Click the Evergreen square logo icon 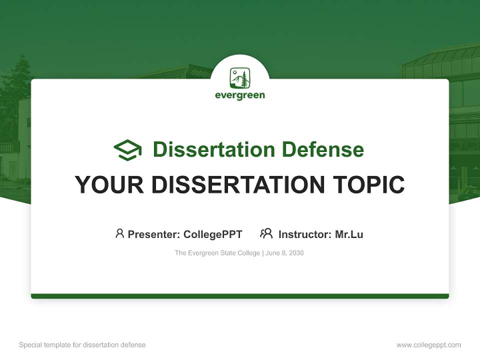(240, 78)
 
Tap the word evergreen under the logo (240, 95)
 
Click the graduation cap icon (127, 150)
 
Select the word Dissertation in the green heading (213, 149)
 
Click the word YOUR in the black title (109, 185)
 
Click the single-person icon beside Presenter (119, 233)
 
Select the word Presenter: (154, 234)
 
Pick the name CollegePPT (213, 234)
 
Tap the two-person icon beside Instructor (266, 233)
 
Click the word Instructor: (305, 234)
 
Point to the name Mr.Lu (349, 234)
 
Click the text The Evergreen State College (217, 253)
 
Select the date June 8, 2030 (284, 253)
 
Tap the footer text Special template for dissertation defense (82, 345)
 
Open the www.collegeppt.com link (428, 345)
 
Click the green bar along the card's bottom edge (240, 296)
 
